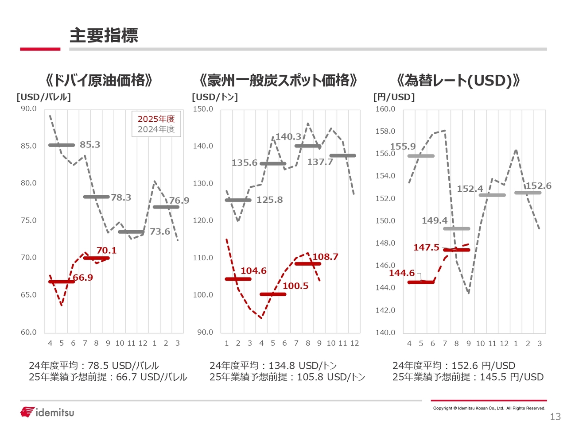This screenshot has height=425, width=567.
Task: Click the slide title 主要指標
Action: click(104, 35)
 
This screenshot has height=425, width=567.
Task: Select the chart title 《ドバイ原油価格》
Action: click(99, 81)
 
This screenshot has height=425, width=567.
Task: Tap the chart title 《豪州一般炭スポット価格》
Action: click(278, 81)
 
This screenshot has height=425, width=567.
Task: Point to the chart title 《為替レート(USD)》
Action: click(458, 81)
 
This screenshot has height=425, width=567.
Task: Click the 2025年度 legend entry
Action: click(156, 119)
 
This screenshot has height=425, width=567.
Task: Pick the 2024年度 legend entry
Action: click(156, 129)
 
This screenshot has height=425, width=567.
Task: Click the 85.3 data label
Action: click(90, 145)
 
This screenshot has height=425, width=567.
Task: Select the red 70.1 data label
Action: click(106, 251)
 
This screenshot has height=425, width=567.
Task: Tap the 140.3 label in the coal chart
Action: click(288, 137)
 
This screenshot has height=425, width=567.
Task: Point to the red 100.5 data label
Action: click(295, 286)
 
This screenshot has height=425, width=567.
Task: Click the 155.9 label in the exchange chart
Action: click(403, 147)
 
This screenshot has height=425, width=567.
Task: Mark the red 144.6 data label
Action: click(402, 273)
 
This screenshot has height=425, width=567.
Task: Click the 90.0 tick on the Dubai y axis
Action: click(29, 109)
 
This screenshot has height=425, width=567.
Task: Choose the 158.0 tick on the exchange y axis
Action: click(385, 131)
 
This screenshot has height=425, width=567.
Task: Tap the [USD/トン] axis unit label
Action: click(215, 97)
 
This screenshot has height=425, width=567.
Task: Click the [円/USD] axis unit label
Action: click(394, 97)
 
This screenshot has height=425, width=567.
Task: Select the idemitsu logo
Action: click(47, 412)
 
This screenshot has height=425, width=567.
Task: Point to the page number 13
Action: click(555, 417)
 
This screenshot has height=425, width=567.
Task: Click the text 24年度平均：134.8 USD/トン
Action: click(273, 366)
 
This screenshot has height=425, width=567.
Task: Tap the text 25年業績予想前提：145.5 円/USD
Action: click(468, 377)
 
